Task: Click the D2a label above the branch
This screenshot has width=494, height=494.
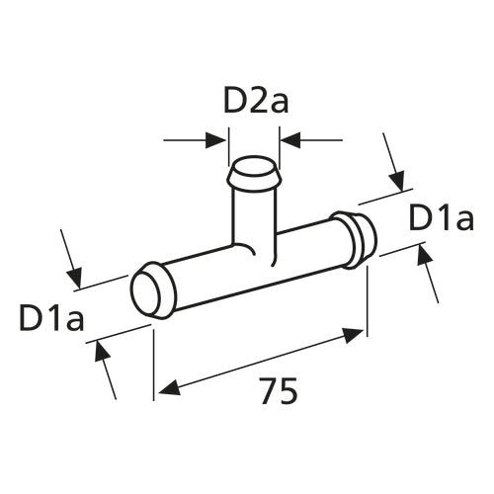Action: [253, 101]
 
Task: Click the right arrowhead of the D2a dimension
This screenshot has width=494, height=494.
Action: [287, 140]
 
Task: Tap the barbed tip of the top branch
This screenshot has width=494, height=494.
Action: [254, 176]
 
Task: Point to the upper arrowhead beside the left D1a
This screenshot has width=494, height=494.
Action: [75, 275]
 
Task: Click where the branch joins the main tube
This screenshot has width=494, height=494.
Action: [253, 253]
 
